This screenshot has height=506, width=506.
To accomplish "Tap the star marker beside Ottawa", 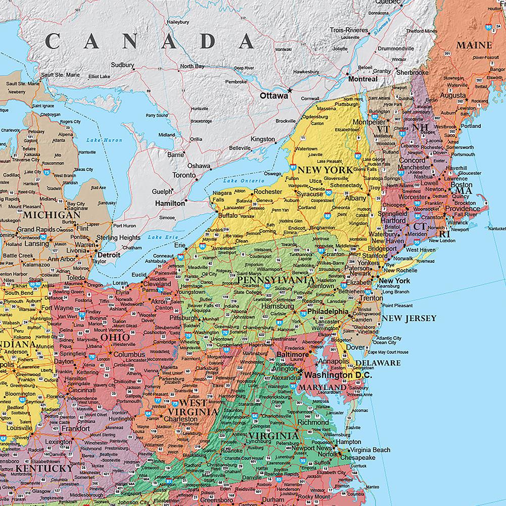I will pyautogui.click(x=290, y=91).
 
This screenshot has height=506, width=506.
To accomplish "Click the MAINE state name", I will pyautogui.click(x=474, y=45).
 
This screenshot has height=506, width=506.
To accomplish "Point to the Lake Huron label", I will pyautogui.click(x=97, y=140).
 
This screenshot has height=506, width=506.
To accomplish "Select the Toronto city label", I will pyautogui.click(x=183, y=175).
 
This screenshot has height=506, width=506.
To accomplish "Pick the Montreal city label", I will pyautogui.click(x=362, y=79).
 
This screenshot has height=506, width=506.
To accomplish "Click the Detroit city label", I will pyautogui.click(x=109, y=255).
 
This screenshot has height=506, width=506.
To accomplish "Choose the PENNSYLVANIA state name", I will pyautogui.click(x=275, y=280).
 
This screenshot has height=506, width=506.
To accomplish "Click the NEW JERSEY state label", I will pyautogui.click(x=409, y=318).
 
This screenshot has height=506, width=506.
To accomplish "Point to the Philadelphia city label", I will pyautogui.click(x=328, y=312).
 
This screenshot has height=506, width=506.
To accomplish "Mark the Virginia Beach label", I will pyautogui.click(x=371, y=450).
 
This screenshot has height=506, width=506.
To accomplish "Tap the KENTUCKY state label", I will pyautogui.click(x=44, y=469).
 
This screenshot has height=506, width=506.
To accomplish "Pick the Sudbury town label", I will pyautogui.click(x=122, y=65).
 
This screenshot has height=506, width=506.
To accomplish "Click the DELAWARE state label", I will pyautogui.click(x=378, y=363).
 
